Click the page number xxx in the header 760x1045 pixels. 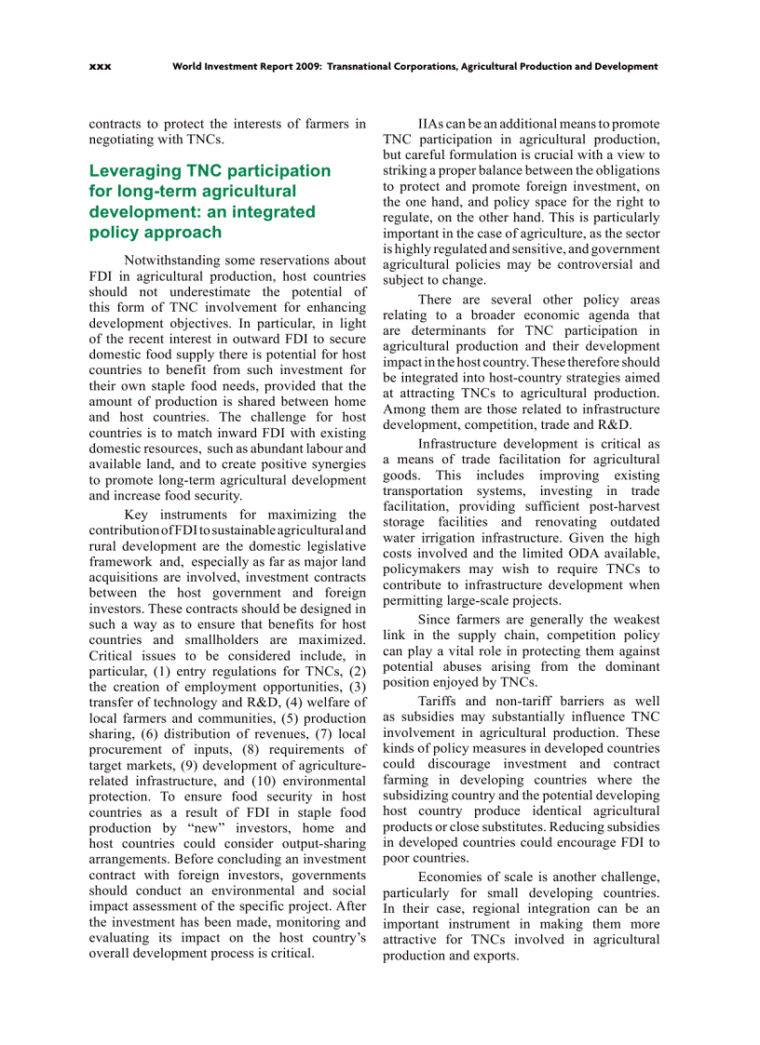(100, 67)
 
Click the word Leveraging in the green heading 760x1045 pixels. (134, 170)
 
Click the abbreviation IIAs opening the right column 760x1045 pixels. (434, 124)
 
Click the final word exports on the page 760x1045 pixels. (494, 956)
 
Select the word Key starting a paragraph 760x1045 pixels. (136, 515)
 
